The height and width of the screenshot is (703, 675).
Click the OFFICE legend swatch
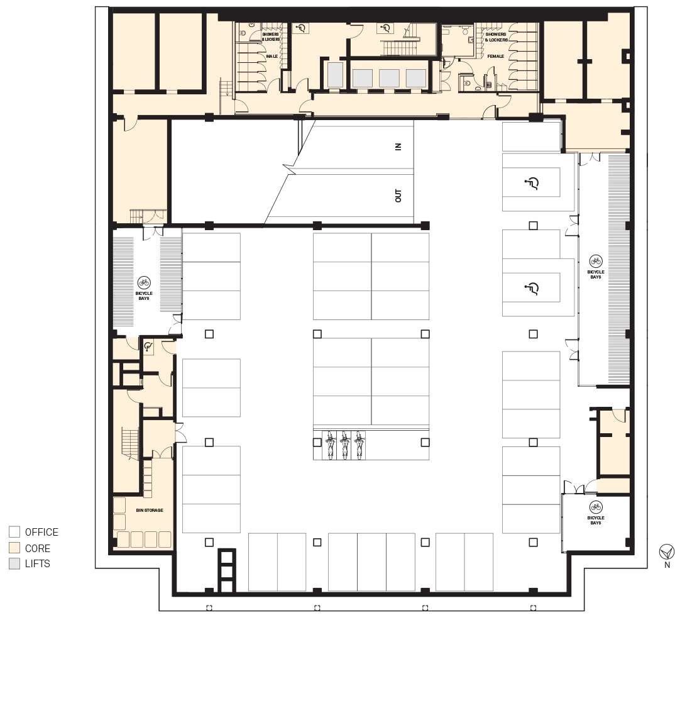click(14, 532)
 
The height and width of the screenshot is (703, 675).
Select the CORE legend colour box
click(14, 548)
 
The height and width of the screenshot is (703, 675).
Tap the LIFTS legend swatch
click(14, 563)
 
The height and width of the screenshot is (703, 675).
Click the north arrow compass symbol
click(666, 551)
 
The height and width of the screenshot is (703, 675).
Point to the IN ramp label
click(398, 147)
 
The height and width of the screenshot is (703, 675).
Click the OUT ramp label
click(398, 196)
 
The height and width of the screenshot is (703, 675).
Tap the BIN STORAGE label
click(150, 510)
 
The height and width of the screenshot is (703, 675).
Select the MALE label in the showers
click(272, 57)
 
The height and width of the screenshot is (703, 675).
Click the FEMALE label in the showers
click(496, 57)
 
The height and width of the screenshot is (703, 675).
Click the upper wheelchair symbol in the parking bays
click(532, 183)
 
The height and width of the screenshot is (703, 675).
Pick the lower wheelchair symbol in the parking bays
click(532, 288)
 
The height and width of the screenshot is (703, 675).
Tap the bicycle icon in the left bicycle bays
click(144, 282)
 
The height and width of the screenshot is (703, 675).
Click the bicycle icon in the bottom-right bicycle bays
click(596, 507)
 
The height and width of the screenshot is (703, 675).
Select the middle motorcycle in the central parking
click(344, 445)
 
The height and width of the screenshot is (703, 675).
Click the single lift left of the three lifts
click(335, 74)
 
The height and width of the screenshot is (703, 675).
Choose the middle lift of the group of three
click(389, 79)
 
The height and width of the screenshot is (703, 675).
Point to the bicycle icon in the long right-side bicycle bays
click(596, 261)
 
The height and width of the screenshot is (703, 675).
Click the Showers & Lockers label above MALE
click(271, 36)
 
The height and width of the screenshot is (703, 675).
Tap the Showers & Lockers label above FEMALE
click(496, 36)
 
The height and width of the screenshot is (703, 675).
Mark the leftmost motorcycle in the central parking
click(331, 445)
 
